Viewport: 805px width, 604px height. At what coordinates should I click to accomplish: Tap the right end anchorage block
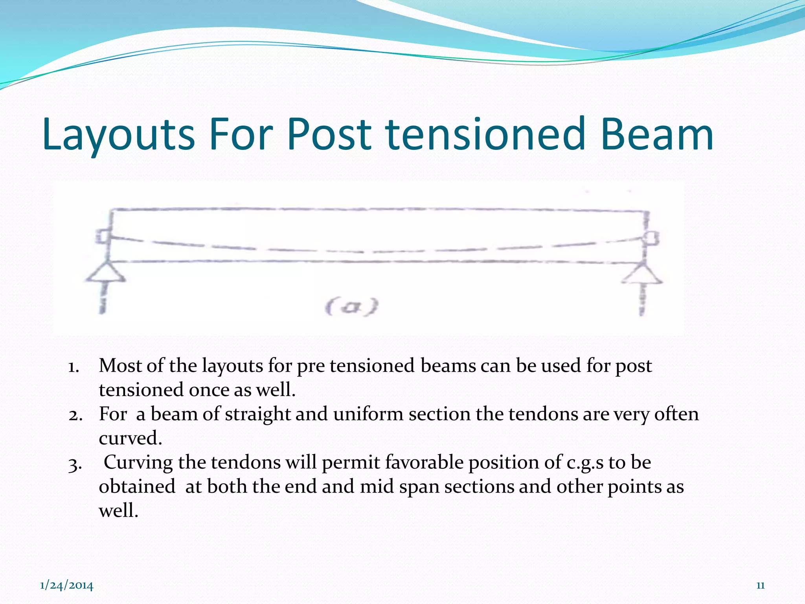click(x=652, y=238)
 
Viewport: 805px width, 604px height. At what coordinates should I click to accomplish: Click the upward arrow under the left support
click(x=103, y=299)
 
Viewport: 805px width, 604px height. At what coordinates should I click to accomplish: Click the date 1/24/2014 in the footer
click(x=67, y=586)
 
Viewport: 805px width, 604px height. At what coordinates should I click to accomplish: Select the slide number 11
click(x=760, y=586)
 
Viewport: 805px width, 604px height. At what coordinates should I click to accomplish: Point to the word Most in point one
click(x=120, y=366)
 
